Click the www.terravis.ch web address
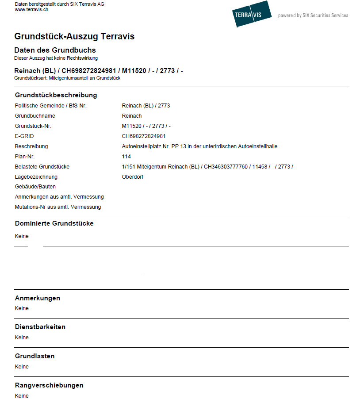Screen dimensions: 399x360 31,9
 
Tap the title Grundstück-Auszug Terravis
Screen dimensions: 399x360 74,36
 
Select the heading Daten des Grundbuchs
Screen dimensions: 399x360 55,50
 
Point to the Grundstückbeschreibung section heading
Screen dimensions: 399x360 56,95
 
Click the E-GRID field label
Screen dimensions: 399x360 24,136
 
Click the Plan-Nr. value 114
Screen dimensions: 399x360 126,157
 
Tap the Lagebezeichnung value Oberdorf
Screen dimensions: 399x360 133,177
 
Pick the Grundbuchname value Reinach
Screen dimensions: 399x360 132,116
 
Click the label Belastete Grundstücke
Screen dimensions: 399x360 42,167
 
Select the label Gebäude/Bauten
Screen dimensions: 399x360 35,187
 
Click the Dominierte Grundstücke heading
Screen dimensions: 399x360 54,223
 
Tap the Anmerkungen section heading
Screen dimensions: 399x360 38,298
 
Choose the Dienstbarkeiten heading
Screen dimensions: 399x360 40,327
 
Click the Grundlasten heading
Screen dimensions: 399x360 35,356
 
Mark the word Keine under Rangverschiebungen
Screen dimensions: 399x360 22,395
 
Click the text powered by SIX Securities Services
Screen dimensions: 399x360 313,15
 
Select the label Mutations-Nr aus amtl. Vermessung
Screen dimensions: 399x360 58,207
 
